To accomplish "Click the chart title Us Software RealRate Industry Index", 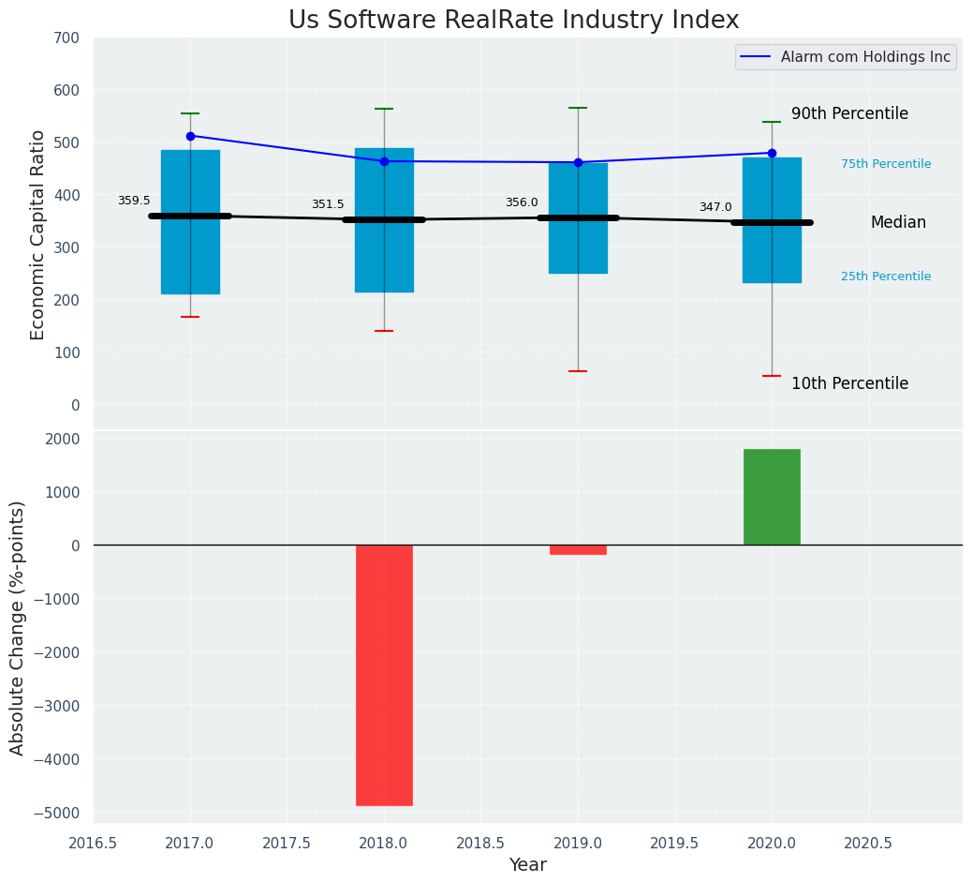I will pyautogui.click(x=513, y=21).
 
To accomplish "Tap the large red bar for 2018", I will pyautogui.click(x=384, y=675).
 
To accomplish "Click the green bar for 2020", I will pyautogui.click(x=772, y=497).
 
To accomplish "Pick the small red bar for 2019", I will pyautogui.click(x=578, y=549).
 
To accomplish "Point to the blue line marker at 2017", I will pyautogui.click(x=190, y=136).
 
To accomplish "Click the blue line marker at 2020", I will pyautogui.click(x=772, y=153).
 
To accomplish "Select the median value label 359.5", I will pyautogui.click(x=134, y=201).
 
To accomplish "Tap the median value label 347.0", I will pyautogui.click(x=715, y=207).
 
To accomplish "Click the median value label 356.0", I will pyautogui.click(x=522, y=202).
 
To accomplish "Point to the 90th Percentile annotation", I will pyautogui.click(x=849, y=113).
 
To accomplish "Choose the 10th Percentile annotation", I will pyautogui.click(x=849, y=383).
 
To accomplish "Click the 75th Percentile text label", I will pyautogui.click(x=886, y=164).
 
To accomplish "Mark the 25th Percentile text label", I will pyautogui.click(x=886, y=277).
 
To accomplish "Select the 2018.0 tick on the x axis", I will pyautogui.click(x=384, y=843).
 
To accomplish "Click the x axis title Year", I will pyautogui.click(x=528, y=865).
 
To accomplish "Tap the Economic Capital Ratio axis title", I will pyautogui.click(x=38, y=234).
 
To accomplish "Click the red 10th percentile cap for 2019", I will pyautogui.click(x=578, y=371).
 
